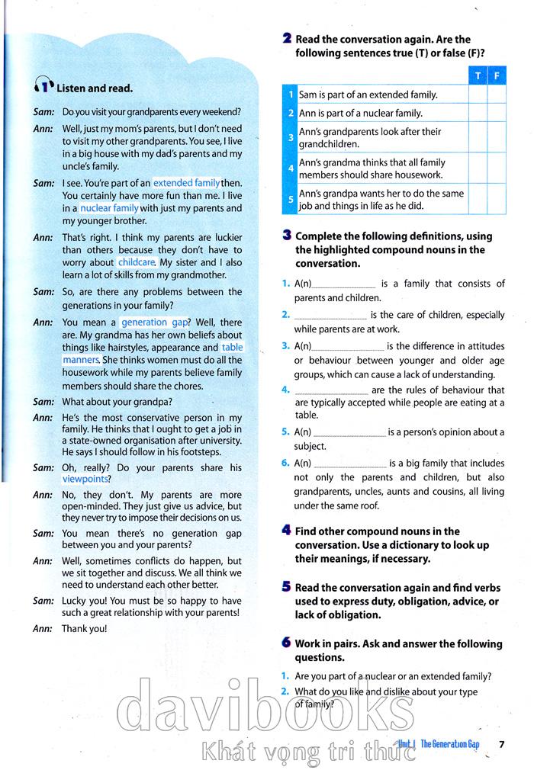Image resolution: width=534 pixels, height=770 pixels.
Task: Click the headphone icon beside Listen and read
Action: pyautogui.click(x=44, y=87)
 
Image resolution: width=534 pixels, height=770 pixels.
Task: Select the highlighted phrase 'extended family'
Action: pyautogui.click(x=186, y=183)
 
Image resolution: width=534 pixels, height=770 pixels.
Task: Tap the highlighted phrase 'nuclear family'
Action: pyautogui.click(x=109, y=207)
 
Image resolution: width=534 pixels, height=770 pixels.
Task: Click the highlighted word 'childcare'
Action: pyautogui.click(x=137, y=262)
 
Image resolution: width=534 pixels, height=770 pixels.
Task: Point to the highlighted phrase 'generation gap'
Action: pyautogui.click(x=155, y=322)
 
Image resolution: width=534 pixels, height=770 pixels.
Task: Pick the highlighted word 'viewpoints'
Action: pyautogui.click(x=85, y=480)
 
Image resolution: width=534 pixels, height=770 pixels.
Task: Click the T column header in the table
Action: pyautogui.click(x=478, y=75)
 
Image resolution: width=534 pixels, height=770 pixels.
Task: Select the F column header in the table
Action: pyautogui.click(x=497, y=75)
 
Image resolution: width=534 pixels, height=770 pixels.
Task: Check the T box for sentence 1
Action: pyautogui.click(x=478, y=95)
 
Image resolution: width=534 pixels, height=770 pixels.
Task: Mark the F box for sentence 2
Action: pyautogui.click(x=497, y=114)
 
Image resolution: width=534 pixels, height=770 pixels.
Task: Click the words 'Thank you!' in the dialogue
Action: pyautogui.click(x=85, y=628)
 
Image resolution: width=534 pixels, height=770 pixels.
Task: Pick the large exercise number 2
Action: pyautogui.click(x=286, y=39)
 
